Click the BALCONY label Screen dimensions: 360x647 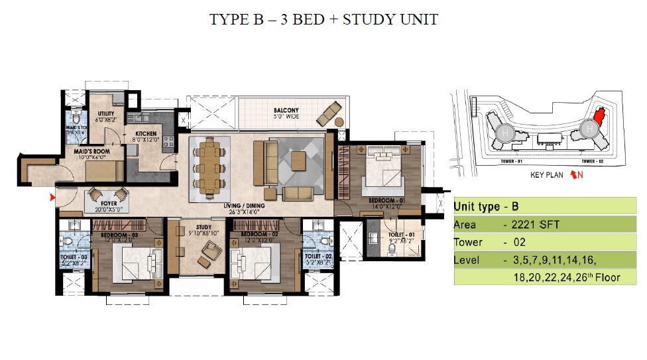[x=286, y=110]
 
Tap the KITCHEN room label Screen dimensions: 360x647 [x=147, y=134]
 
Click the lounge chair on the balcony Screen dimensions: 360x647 [x=329, y=113]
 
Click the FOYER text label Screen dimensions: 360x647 [x=109, y=204]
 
